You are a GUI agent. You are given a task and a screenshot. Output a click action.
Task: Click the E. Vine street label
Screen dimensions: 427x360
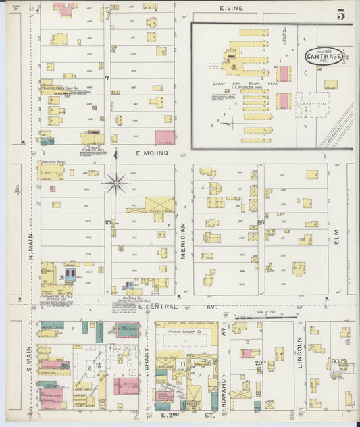tap(231, 9)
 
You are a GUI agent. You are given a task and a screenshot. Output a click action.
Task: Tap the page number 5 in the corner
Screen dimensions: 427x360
tap(341, 14)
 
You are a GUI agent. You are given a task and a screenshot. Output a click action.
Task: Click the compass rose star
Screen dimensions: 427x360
tap(116, 182)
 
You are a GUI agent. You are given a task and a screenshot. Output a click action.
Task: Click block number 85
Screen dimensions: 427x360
tap(260, 222)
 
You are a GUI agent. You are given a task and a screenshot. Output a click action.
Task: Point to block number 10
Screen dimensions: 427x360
tap(107, 222)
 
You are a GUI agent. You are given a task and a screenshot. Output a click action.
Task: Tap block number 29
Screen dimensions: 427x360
tap(258, 363)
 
